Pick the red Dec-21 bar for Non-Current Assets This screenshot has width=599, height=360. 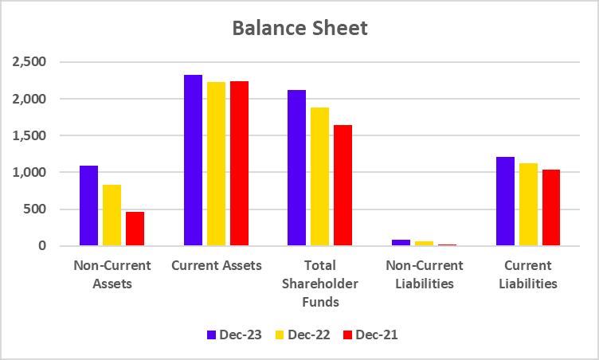(135, 229)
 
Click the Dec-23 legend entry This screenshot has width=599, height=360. (236, 335)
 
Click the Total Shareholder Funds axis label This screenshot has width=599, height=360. (319, 284)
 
